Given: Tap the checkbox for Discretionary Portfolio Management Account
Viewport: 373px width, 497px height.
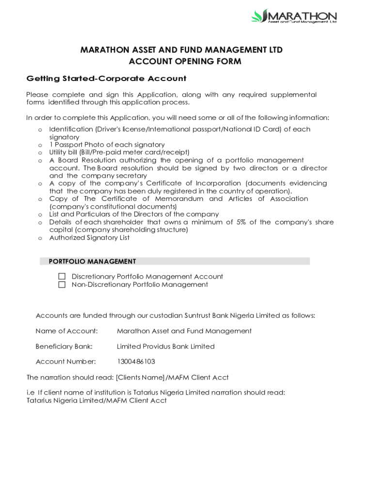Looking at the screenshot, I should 62,277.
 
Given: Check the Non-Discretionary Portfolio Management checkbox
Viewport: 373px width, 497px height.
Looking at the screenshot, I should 62,285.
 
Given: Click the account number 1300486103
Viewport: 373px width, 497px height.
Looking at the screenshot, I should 136,362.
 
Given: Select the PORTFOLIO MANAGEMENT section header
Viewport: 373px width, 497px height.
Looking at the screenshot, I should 92,262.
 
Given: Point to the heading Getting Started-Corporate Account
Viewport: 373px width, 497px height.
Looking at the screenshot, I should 106,79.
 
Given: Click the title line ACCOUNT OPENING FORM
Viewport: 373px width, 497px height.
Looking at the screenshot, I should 185,62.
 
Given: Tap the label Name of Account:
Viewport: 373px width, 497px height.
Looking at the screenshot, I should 66,331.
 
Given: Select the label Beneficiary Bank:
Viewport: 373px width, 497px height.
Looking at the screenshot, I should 64,347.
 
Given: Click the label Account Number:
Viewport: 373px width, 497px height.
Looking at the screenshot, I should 65,362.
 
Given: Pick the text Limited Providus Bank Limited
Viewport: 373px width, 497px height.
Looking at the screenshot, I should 166,347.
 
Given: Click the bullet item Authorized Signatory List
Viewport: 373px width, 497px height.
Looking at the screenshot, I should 89,238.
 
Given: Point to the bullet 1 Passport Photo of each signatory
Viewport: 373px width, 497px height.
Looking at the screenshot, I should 107,145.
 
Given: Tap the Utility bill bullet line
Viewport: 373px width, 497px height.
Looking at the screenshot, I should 119,152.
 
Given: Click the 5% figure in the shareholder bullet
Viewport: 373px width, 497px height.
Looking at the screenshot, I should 241,222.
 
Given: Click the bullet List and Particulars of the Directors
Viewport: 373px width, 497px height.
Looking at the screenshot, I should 134,215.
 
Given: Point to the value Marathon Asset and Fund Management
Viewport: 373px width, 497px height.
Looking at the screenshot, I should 184,331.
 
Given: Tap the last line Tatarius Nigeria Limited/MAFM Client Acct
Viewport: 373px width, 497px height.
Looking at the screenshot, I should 96,400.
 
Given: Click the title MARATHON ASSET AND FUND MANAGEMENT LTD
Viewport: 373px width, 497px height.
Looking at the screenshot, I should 181,50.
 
